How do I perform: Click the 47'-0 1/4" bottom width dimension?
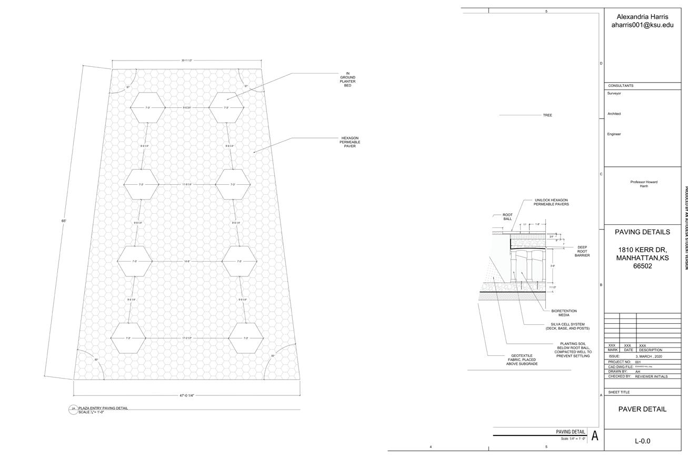[x=187, y=395]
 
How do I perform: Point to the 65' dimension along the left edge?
[x=64, y=221]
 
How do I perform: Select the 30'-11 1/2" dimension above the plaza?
[x=187, y=61]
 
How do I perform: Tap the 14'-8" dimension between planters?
[x=187, y=262]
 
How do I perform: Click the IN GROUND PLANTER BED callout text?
[x=347, y=80]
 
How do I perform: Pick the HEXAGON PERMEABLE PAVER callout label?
[x=350, y=142]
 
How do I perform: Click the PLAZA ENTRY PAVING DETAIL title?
[x=103, y=408]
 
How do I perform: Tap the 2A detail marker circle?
[x=73, y=409]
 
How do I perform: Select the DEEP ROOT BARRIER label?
[x=582, y=251]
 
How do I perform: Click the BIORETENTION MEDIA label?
[x=564, y=313]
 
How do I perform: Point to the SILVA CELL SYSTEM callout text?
[x=567, y=326]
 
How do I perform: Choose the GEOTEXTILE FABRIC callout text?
[x=522, y=360]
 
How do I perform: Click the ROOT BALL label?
[x=507, y=216]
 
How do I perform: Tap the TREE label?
[x=547, y=115]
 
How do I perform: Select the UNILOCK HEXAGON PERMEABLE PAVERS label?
[x=551, y=202]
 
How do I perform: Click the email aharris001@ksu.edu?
[x=642, y=25]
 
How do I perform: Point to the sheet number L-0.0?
[x=642, y=441]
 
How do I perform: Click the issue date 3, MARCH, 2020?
[x=649, y=356]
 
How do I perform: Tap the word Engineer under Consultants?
[x=614, y=134]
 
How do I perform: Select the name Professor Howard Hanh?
[x=644, y=184]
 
